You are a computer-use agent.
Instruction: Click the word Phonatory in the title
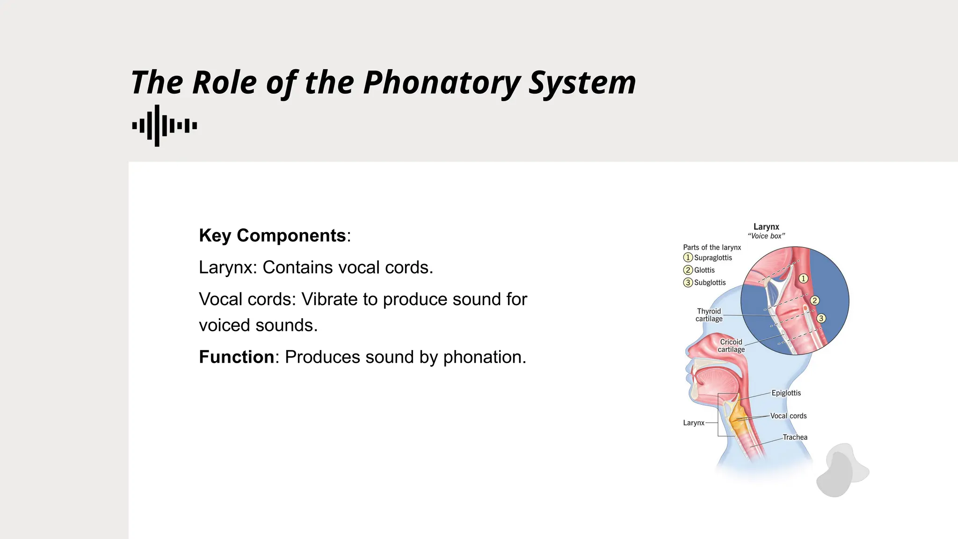[442, 83]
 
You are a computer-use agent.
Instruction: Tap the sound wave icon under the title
[164, 125]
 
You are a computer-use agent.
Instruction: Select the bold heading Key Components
[272, 235]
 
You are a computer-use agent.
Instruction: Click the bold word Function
[236, 357]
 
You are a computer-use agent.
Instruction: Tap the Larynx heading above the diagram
[766, 227]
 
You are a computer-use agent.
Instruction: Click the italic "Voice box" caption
[766, 236]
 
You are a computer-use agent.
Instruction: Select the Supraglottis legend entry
[712, 258]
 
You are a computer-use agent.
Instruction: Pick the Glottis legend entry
[704, 270]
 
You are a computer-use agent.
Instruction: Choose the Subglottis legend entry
[710, 283]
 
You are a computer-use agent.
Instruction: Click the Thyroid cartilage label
[709, 315]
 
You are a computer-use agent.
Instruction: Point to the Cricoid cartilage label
[731, 346]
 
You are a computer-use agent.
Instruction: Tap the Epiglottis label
[786, 393]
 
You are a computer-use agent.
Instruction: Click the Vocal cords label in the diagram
[788, 416]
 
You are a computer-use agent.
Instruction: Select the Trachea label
[795, 437]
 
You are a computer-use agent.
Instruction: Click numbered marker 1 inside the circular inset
[803, 279]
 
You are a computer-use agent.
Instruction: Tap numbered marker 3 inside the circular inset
[821, 319]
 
